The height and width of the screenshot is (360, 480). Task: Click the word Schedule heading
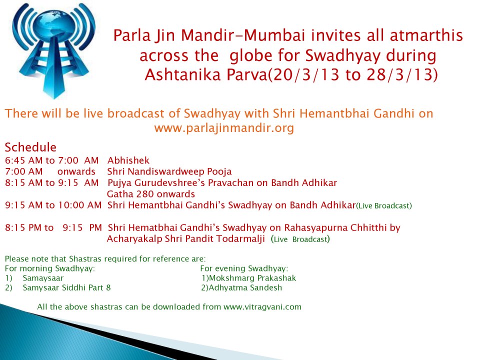click(30, 147)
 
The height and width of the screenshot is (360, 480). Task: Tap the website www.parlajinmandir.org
click(224, 127)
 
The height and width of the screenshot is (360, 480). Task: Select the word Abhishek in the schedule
click(128, 160)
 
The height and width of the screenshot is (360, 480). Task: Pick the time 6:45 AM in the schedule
click(24, 160)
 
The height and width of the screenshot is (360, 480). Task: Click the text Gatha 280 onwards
click(151, 194)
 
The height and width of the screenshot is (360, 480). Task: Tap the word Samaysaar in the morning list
click(43, 278)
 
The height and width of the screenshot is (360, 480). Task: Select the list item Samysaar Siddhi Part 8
click(66, 288)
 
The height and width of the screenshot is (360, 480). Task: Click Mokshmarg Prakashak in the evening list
click(252, 278)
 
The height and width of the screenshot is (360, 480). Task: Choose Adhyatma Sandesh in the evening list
click(245, 288)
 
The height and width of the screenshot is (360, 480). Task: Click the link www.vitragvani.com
click(262, 306)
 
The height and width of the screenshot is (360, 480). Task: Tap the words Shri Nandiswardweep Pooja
click(169, 171)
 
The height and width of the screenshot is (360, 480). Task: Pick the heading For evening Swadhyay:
click(244, 268)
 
